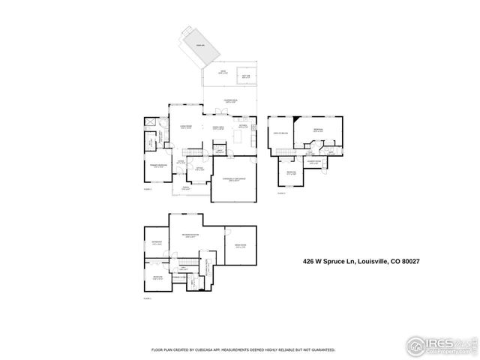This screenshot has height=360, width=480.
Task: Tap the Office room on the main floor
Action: click(x=201, y=170)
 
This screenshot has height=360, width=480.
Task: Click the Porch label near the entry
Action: click(x=184, y=187)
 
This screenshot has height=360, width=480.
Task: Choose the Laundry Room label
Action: click(x=313, y=161)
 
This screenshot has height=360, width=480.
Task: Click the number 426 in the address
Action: click(x=308, y=262)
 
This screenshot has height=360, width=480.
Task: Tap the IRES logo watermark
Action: click(x=439, y=345)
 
